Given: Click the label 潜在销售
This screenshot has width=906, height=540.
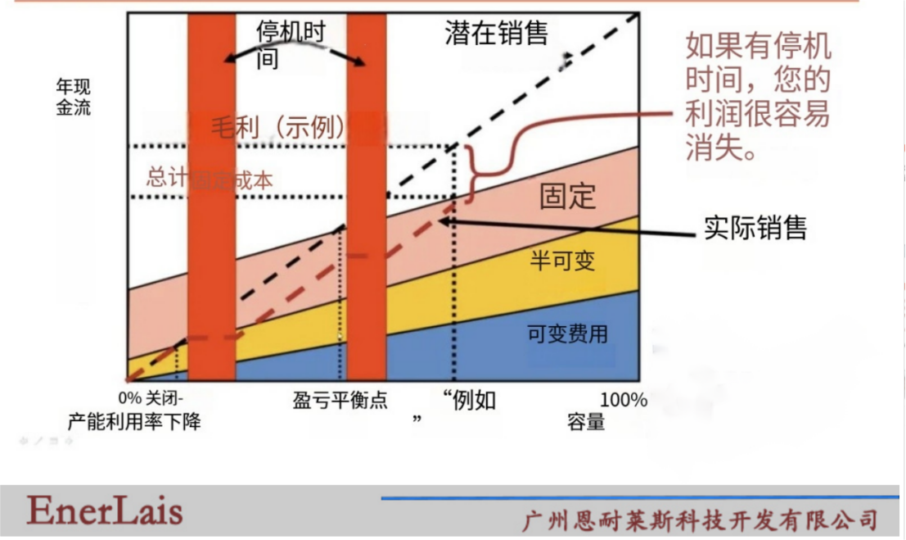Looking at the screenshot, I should point(496,32).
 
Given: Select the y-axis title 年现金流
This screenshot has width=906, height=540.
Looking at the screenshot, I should point(73,97).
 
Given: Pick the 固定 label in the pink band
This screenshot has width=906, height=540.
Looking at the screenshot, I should point(568,196).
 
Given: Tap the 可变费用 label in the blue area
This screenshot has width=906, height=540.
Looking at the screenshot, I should point(567,334).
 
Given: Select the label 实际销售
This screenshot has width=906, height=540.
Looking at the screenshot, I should point(755,227).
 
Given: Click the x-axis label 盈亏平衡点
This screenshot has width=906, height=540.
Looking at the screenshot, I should point(340,401).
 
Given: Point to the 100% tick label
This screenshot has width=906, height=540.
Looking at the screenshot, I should point(624,401).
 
